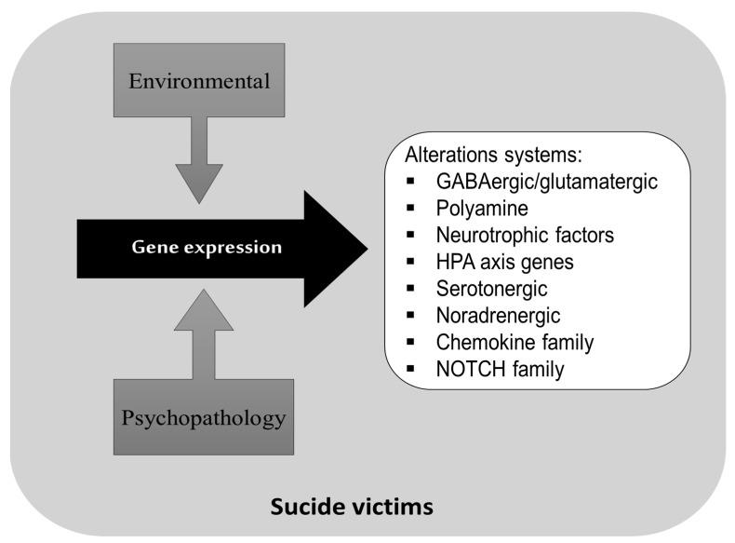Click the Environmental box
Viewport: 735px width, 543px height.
pos(200,81)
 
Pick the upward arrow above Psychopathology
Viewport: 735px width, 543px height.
pos(200,335)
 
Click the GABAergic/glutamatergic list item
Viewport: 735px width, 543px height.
pos(545,182)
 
